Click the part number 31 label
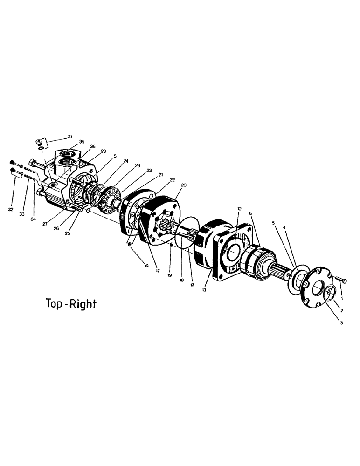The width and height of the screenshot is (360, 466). coord(70,137)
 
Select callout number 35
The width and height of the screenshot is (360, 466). coord(82,141)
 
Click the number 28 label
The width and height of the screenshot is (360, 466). coord(137,165)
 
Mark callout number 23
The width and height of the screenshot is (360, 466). coord(149,170)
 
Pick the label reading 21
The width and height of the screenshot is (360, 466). coord(161,174)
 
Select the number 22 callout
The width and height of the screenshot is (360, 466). coord(172,179)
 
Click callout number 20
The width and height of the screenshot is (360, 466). coord(184,185)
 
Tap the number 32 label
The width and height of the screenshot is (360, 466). coord(10,209)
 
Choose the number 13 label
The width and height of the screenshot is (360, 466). coord(203,289)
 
